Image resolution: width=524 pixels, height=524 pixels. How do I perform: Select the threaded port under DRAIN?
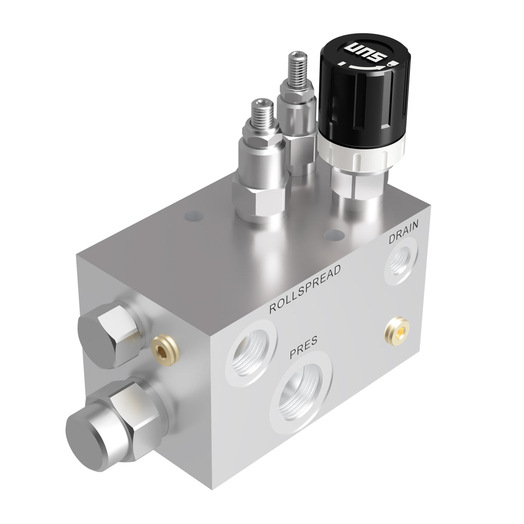pos(400,264)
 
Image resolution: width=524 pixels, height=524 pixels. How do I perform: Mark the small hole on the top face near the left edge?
pos(191,215)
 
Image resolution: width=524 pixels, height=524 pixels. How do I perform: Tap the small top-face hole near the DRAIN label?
pos(334,235)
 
